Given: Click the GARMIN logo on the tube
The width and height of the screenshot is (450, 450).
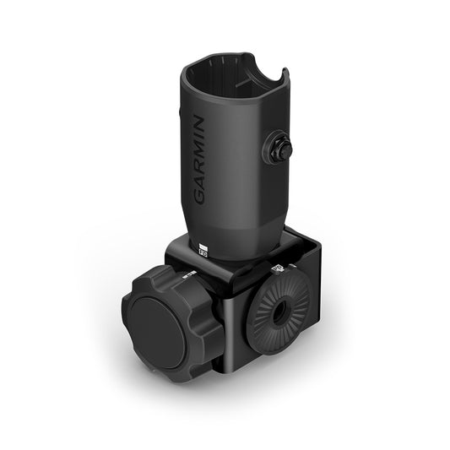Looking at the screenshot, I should (200, 160).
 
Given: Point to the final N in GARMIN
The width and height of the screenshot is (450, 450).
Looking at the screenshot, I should (200, 123).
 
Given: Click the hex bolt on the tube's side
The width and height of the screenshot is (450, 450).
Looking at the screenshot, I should (281, 149).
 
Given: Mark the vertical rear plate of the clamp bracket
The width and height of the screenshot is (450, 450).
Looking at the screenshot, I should (314, 279).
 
